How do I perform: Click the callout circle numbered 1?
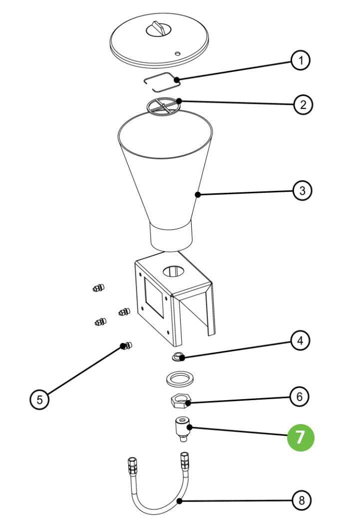coord(301,61)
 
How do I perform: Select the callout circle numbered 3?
coord(302,190)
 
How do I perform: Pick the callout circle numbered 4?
coord(300,341)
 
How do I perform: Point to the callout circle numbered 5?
coord(39,399)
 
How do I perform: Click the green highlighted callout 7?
coord(300,437)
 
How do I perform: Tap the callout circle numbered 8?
coord(301,500)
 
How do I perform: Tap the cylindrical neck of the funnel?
coord(171,237)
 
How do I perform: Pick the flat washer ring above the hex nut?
coord(180,378)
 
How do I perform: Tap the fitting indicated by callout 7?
coord(181,429)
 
